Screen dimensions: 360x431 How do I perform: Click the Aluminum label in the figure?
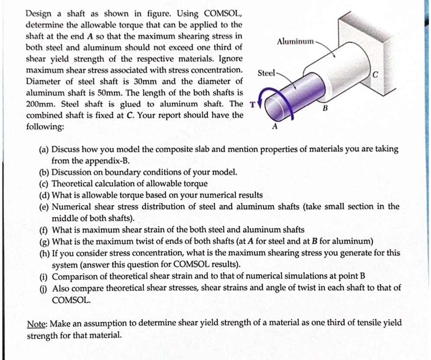tap(295, 41)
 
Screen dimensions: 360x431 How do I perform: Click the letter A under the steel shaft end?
tap(274, 126)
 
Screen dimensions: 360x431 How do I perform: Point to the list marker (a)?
tap(44, 149)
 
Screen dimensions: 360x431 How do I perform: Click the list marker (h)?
tap(44, 253)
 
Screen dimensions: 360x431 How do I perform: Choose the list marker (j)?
tap(44, 288)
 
